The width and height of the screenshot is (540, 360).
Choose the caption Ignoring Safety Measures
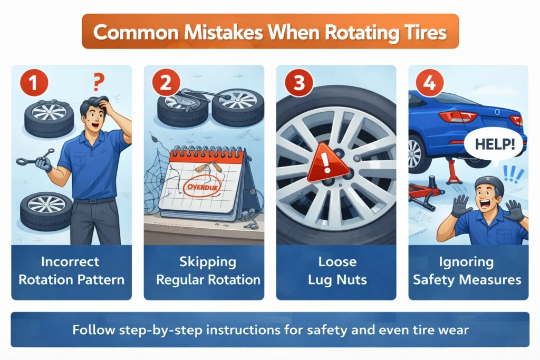467,270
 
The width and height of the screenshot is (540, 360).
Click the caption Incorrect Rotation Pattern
72,270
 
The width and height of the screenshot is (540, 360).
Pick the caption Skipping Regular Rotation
204,270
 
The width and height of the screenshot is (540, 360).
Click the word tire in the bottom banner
417,330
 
